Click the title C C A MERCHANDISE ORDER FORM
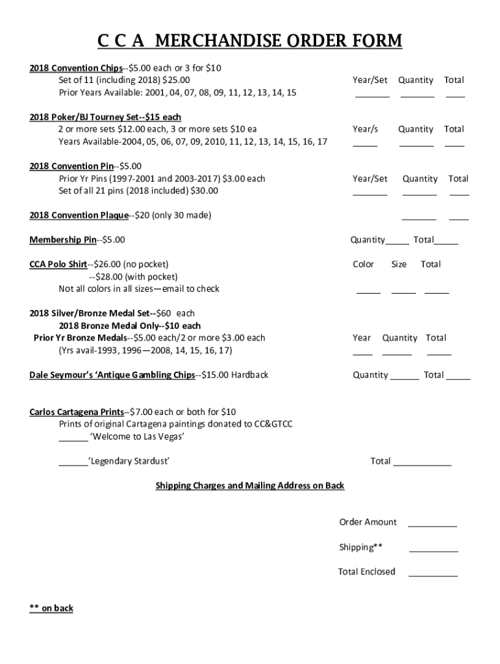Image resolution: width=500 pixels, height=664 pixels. [x=249, y=41]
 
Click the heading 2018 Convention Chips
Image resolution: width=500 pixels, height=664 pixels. [x=76, y=67]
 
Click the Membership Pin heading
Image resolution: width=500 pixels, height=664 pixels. [x=62, y=240]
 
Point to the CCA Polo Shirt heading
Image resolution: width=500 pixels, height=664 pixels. [x=58, y=265]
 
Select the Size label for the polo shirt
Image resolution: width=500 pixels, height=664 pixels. [x=399, y=265]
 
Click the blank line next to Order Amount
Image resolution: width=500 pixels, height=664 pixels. [x=432, y=525]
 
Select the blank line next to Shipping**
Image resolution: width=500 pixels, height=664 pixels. [x=433, y=550]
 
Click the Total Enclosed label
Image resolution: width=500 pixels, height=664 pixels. [x=366, y=572]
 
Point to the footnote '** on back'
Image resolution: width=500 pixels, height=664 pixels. [x=51, y=608]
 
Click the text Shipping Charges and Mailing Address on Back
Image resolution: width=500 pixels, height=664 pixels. [x=249, y=486]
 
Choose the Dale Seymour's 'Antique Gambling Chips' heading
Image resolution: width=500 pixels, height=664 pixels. [x=112, y=375]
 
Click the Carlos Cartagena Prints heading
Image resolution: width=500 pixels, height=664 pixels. [x=76, y=412]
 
